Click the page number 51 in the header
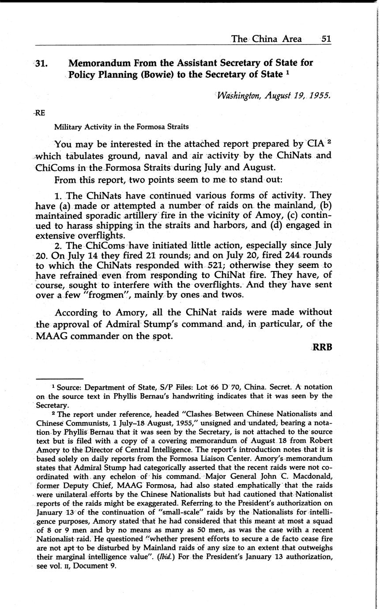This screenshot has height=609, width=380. pos(326,39)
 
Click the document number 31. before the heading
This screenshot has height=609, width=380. pos(41,63)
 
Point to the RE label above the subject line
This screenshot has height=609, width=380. pos(40,113)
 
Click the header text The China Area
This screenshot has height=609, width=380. pos(266,39)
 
